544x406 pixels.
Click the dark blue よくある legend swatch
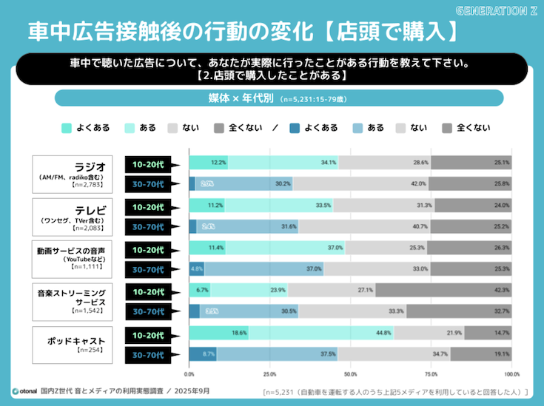[295, 127]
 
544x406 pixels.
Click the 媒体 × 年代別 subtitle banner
[279, 98]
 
